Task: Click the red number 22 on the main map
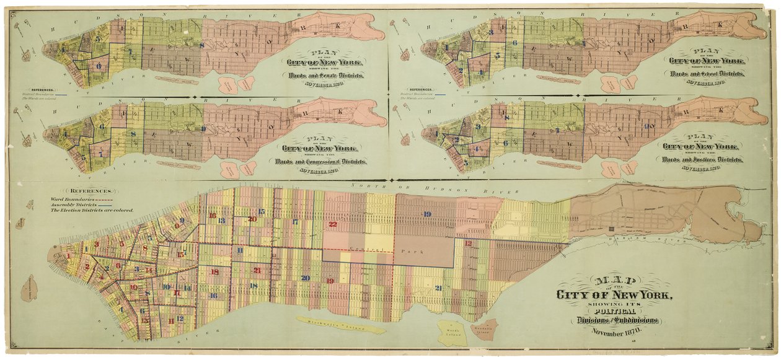333,224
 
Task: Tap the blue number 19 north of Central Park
426,214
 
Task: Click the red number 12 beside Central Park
468,243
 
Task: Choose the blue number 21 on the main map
438,288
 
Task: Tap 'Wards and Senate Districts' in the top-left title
324,74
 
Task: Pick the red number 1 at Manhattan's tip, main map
68,255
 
